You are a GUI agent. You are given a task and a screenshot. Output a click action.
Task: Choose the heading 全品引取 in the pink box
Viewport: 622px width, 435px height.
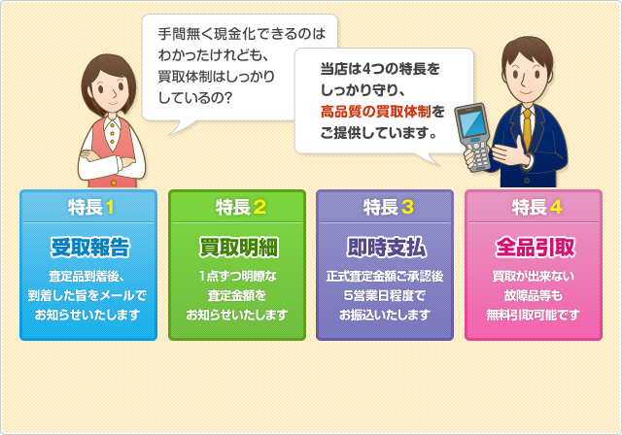pyautogui.click(x=534, y=244)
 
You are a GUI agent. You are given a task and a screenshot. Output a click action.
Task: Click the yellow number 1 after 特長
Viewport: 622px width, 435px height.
pyautogui.click(x=111, y=206)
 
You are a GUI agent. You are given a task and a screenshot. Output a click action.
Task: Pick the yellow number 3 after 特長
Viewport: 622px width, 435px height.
pyautogui.click(x=407, y=206)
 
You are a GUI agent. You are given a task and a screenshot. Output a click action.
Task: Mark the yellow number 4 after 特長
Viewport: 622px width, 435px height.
pyautogui.click(x=556, y=206)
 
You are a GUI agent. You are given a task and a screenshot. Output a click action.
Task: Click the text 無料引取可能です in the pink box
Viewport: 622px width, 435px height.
pyautogui.click(x=534, y=315)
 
